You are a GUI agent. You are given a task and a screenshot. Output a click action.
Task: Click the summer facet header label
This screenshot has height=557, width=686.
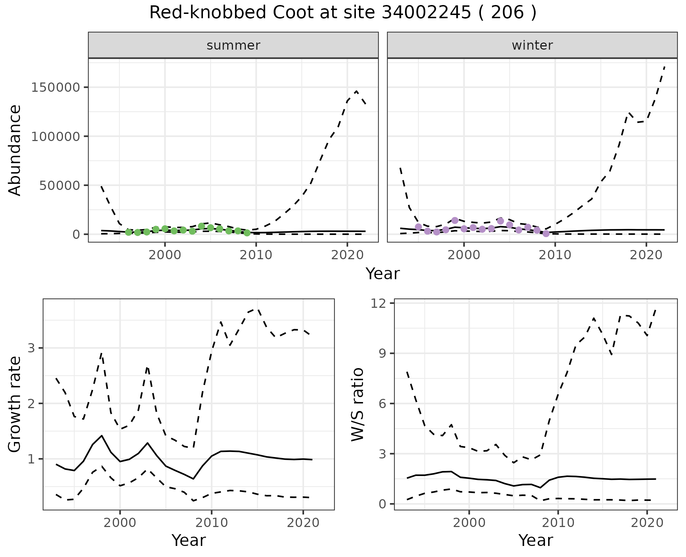pyautogui.click(x=233, y=45)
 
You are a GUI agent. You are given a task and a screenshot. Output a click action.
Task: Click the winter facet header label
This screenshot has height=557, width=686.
pyautogui.click(x=532, y=45)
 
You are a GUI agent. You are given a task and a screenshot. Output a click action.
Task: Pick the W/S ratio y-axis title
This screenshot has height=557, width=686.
pyautogui.click(x=357, y=404)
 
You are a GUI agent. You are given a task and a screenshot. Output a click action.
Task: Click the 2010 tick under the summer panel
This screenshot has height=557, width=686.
pyautogui.click(x=256, y=255)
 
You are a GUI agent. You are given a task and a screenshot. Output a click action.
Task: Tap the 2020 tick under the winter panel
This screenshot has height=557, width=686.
pyautogui.click(x=646, y=255)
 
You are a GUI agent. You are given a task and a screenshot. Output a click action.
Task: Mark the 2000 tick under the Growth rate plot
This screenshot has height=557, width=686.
pyautogui.click(x=120, y=523)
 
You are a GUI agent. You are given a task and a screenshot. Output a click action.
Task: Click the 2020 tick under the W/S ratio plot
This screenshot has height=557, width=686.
pyautogui.click(x=647, y=523)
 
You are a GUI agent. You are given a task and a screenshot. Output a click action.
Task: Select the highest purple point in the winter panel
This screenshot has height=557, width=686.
pyautogui.click(x=455, y=220)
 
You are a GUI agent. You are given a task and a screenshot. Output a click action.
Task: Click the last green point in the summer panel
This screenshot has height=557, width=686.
pyautogui.click(x=247, y=233)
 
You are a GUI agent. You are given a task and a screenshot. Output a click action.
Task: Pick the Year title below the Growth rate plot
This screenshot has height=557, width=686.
pyautogui.click(x=189, y=540)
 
